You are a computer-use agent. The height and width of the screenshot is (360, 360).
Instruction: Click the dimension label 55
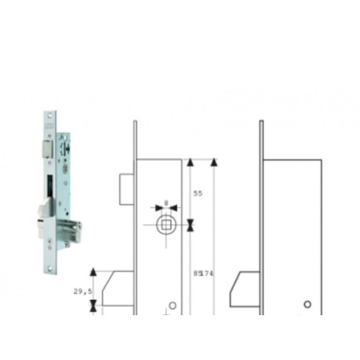point(198,194)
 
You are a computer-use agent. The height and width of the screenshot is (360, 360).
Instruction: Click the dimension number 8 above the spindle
point(166,202)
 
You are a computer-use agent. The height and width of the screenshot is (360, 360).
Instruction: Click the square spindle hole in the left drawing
point(165,225)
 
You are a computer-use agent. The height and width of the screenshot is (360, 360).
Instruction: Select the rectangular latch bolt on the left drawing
point(126,190)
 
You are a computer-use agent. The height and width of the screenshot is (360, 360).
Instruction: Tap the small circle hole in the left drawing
point(174,304)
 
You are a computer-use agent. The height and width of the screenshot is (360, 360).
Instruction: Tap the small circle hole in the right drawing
point(307,305)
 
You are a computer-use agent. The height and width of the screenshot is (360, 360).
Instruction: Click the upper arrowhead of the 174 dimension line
point(214,163)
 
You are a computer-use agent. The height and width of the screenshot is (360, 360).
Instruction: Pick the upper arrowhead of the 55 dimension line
point(190,163)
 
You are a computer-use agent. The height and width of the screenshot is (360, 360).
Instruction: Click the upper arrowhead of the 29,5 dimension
point(95,273)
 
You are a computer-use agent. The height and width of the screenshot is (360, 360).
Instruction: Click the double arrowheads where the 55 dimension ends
point(190,226)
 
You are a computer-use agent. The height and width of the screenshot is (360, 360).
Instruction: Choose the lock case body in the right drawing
point(293,232)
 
